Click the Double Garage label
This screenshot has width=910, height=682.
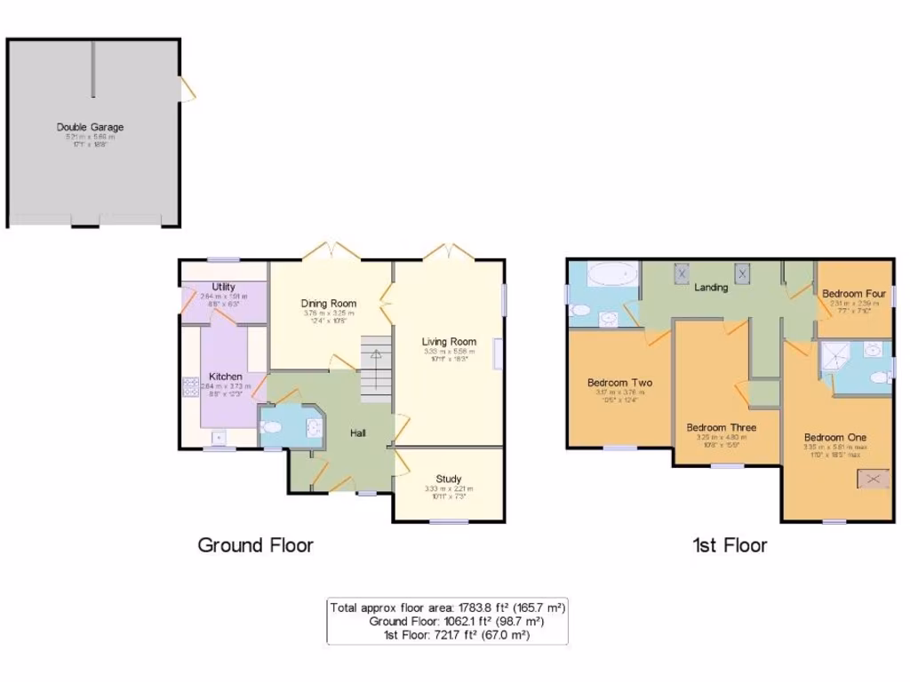[x=90, y=127]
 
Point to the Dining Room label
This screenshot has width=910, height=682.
[x=329, y=304]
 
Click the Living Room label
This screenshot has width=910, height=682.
[x=449, y=342]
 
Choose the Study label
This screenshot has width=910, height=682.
[x=448, y=479]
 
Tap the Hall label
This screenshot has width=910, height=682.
[x=358, y=432]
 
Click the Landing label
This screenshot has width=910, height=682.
[x=711, y=288]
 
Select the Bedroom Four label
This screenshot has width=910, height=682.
[x=853, y=294]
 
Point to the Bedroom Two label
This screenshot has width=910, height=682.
[x=619, y=383]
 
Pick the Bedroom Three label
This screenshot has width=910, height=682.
[x=721, y=427]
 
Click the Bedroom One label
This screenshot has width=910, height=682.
[x=835, y=438]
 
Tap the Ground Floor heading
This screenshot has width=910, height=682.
[x=255, y=545]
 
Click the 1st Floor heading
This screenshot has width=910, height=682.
[x=730, y=545]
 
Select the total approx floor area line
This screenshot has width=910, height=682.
[x=447, y=608]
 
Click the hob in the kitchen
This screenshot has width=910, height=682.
[x=190, y=388]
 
